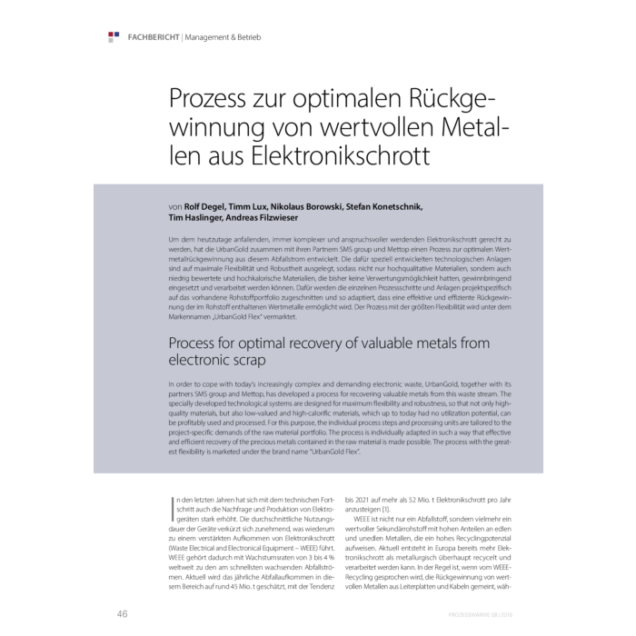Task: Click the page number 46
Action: [x=122, y=614]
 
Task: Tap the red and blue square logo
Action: [x=114, y=36]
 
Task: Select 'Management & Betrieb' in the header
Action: [x=223, y=37]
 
